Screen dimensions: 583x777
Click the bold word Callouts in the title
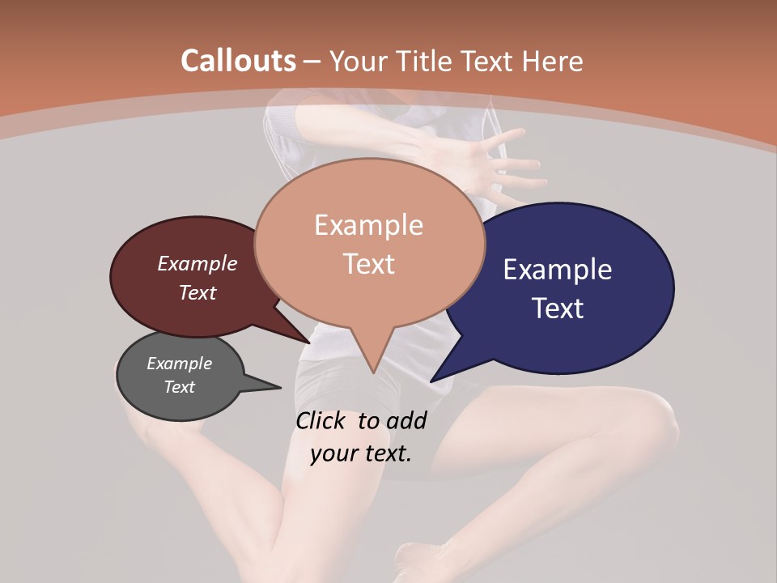(x=238, y=61)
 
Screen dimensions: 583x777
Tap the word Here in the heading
(x=554, y=61)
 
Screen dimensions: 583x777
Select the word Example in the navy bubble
(x=558, y=270)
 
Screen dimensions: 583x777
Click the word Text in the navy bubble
(x=558, y=309)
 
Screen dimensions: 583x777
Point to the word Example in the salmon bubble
(x=368, y=225)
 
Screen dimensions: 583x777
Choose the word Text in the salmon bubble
(x=368, y=264)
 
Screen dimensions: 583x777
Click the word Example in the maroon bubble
(x=197, y=263)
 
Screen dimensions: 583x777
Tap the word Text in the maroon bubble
(x=197, y=292)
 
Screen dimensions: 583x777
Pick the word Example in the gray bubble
(x=179, y=364)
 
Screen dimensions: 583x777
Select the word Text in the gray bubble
(x=179, y=387)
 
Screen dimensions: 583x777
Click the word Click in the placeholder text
(x=321, y=421)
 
